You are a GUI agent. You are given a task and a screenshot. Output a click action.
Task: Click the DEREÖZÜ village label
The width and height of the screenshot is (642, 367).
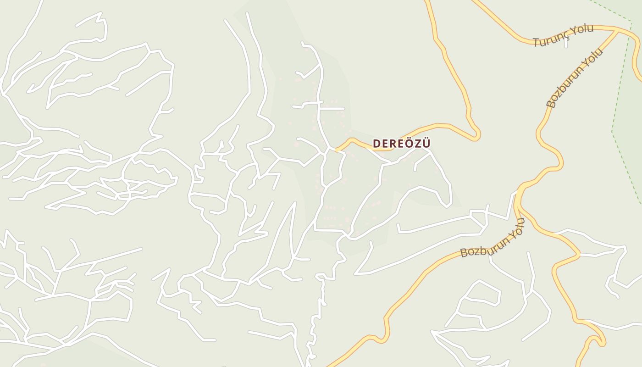tap(402, 144)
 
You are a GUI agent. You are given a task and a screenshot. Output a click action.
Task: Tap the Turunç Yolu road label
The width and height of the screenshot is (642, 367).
tap(564, 35)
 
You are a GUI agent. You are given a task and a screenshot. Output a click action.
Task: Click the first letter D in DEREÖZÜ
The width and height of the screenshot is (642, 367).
tap(376, 144)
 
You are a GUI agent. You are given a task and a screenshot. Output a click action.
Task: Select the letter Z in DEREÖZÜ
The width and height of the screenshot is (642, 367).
tap(417, 144)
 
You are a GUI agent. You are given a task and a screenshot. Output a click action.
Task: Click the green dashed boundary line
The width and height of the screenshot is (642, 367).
tap(620, 83)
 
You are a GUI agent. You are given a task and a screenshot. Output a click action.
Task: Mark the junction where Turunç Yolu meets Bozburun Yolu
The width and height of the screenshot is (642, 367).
tap(616, 31)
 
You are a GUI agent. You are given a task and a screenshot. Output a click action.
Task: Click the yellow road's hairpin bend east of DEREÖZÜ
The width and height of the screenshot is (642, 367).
tap(478, 134)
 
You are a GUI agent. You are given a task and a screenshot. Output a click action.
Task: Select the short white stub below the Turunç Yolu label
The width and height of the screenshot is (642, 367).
tap(566, 44)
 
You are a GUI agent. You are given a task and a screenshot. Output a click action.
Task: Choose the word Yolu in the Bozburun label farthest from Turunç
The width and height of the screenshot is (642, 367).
tap(516, 229)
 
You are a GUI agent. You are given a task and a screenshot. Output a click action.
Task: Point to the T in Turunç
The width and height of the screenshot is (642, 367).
tap(536, 42)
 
